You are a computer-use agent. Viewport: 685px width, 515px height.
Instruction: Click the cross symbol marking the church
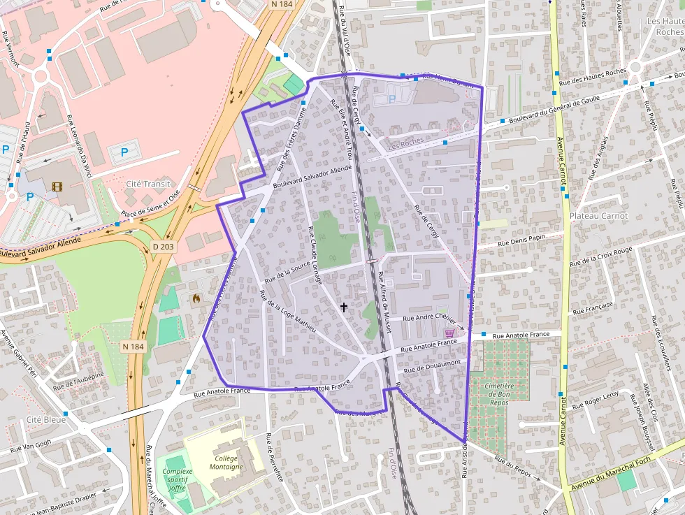coord(343,306)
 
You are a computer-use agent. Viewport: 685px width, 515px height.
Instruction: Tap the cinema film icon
coord(57,187)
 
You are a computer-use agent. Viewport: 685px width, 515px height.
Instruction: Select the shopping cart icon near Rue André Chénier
coord(449,333)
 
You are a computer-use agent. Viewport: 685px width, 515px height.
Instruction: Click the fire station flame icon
coord(196,298)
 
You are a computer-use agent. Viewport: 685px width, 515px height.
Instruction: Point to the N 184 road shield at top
coord(281,4)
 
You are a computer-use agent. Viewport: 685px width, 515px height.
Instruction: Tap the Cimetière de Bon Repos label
coord(499,394)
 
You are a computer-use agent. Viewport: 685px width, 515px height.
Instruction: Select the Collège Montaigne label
coord(226,462)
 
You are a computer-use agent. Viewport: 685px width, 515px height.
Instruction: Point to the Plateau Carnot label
coord(598,216)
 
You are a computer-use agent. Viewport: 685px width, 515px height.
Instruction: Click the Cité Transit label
coord(147,184)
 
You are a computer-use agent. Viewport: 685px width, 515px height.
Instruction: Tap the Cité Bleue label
coord(46,419)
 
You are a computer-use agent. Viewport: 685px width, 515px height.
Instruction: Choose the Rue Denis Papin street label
coord(521,241)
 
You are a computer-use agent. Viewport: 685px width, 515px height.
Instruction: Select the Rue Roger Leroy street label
coord(596,400)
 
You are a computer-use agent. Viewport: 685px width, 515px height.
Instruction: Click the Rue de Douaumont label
coord(431,365)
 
